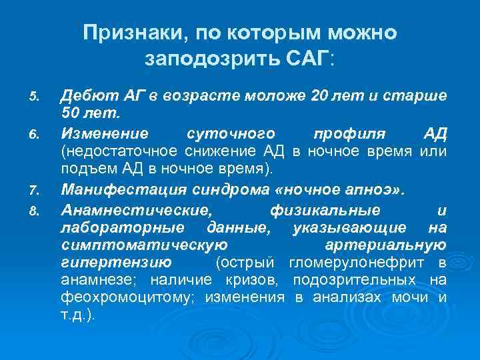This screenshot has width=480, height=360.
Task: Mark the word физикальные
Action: pos(325,210)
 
